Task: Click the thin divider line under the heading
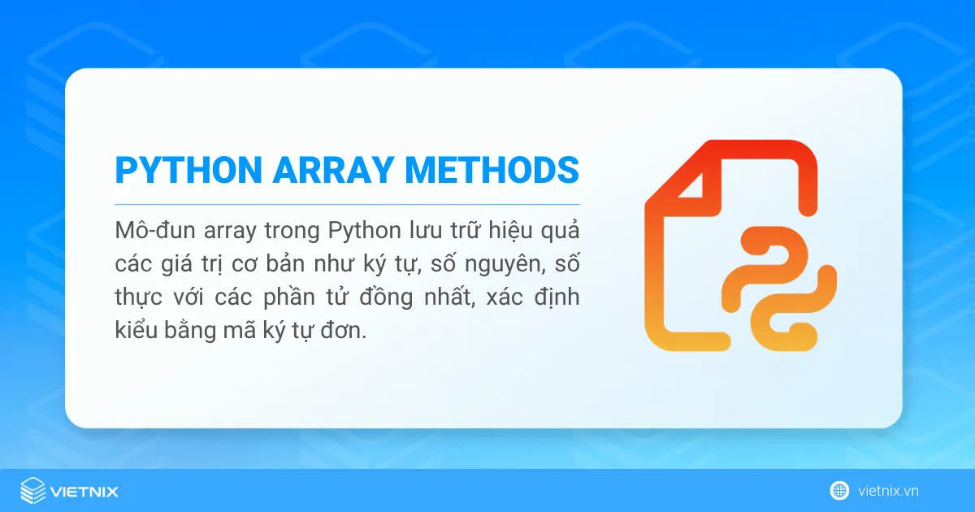coord(347,203)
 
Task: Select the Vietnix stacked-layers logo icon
coord(32,491)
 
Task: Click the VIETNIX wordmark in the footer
coord(84,492)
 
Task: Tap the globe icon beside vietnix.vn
coord(839,491)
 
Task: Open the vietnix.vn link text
coord(888,491)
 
